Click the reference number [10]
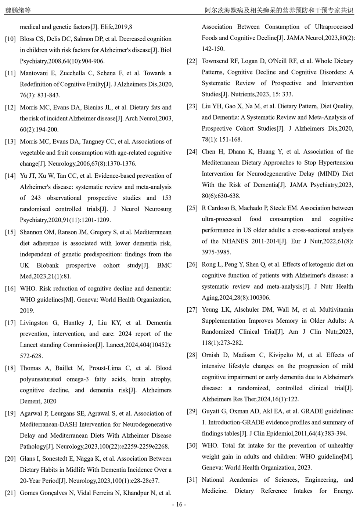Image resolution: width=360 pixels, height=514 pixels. click(x=10, y=39)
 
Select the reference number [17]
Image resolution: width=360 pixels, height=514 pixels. click(x=10, y=323)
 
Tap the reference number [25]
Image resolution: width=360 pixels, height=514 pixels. click(x=192, y=208)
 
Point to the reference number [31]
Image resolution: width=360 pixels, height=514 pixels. click(x=192, y=480)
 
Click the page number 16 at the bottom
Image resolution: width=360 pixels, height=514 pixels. click(x=179, y=504)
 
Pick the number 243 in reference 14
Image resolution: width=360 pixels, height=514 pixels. click(x=36, y=198)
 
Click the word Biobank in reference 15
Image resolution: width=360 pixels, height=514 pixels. click(x=47, y=265)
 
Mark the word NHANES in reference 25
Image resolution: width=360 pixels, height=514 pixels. click(x=235, y=242)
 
